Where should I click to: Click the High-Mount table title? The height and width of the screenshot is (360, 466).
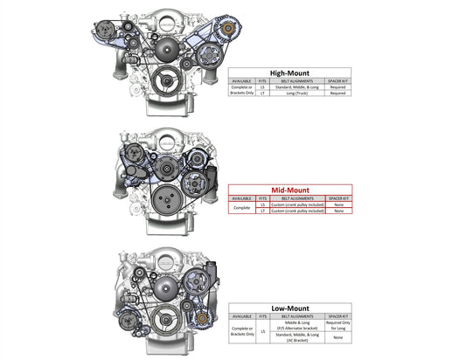289,74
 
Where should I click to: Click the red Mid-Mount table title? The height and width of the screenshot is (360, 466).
289,189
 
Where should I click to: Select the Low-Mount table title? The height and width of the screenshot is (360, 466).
289,307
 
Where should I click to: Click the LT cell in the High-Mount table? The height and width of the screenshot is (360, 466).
263,93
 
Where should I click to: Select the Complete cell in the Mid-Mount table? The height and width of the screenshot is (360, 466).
241,208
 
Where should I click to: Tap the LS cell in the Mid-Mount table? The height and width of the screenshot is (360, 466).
263,204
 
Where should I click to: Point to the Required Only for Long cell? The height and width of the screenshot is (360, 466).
337,324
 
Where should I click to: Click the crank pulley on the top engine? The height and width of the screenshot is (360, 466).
163,83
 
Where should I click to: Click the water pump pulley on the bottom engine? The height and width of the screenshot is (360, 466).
163,286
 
